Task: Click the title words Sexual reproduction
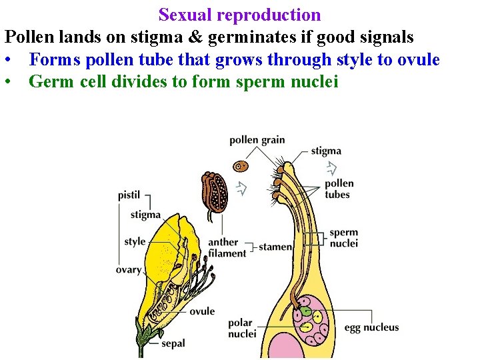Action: pos(239,15)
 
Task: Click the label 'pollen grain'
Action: pos(257,140)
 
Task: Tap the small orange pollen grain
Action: pos(241,165)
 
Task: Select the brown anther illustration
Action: pos(215,193)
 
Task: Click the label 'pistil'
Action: pos(129,195)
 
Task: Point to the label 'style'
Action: pos(135,241)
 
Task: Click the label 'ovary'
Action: pos(128,270)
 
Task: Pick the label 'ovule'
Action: pos(202,311)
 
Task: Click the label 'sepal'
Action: pos(173,344)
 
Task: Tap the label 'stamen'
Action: pos(275,247)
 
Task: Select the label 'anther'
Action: pos(223,242)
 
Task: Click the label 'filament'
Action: pos(227,253)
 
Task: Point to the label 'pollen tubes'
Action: pos(339,189)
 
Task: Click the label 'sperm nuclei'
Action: pos(344,238)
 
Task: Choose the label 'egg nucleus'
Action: pos(371,327)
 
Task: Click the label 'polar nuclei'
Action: pos(242,328)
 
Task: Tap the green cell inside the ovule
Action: pos(305,310)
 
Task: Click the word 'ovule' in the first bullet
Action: pos(418,60)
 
